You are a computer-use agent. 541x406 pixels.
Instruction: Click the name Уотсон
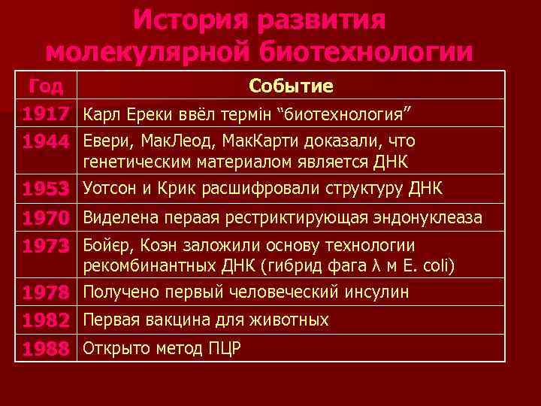pos(112,187)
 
